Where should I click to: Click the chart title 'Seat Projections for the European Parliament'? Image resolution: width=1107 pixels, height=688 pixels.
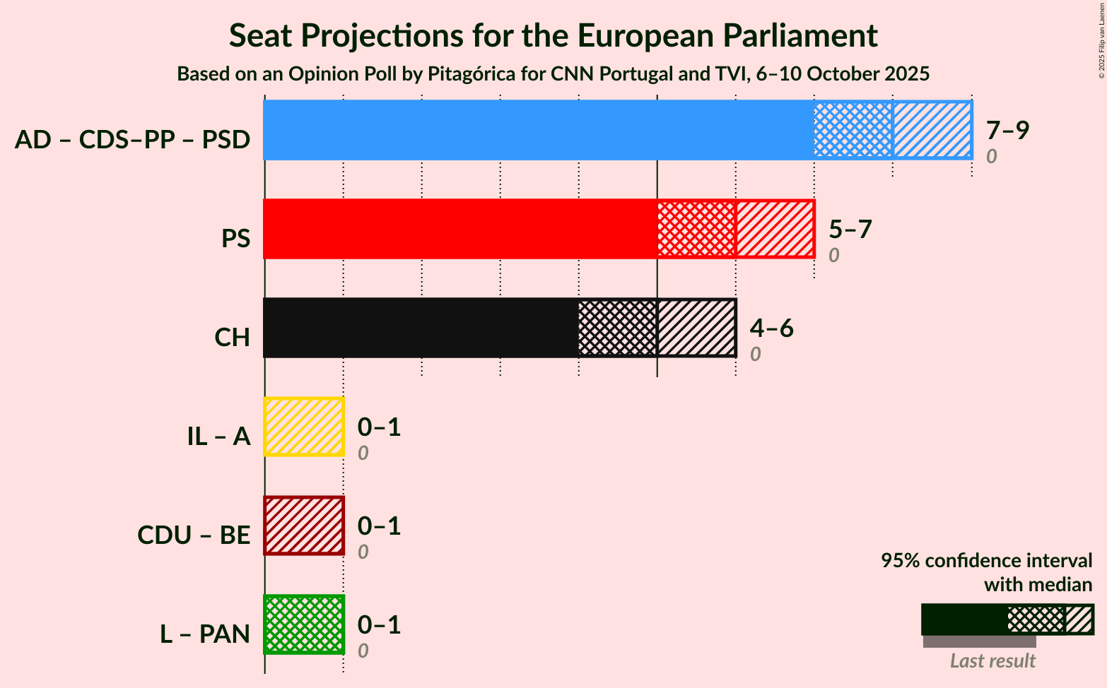[x=553, y=35]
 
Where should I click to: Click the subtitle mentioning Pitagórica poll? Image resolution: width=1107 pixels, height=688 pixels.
[x=553, y=73]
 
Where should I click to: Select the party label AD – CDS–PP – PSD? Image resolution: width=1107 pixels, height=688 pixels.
[x=132, y=140]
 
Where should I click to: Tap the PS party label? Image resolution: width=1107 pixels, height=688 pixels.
[x=235, y=239]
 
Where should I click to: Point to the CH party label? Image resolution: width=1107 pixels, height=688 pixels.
[x=232, y=338]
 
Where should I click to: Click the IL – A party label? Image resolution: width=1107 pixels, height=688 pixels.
[x=218, y=437]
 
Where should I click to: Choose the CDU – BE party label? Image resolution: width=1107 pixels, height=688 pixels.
[x=194, y=535]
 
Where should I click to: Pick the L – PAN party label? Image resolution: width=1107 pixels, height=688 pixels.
[x=205, y=634]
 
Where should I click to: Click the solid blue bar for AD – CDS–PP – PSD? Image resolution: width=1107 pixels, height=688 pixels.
[x=537, y=130]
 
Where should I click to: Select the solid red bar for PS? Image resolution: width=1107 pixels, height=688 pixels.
[x=459, y=229]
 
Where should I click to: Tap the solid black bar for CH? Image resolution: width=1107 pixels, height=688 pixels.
[x=421, y=328]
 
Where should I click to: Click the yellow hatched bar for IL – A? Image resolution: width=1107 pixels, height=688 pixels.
[x=304, y=427]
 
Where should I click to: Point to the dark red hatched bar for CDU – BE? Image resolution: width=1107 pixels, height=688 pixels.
[x=304, y=526]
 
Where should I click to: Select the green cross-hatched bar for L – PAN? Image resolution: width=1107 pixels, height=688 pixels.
[x=304, y=624]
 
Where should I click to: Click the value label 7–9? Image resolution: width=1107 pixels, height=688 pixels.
[x=1007, y=130]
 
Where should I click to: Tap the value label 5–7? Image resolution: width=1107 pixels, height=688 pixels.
[x=850, y=229]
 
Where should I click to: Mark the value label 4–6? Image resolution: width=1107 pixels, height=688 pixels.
[x=771, y=328]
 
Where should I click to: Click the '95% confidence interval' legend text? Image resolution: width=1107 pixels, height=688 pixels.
[x=986, y=561]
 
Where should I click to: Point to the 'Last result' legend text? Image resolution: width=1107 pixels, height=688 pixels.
[x=992, y=661]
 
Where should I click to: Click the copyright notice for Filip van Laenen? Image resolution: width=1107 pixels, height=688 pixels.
[x=1101, y=40]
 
